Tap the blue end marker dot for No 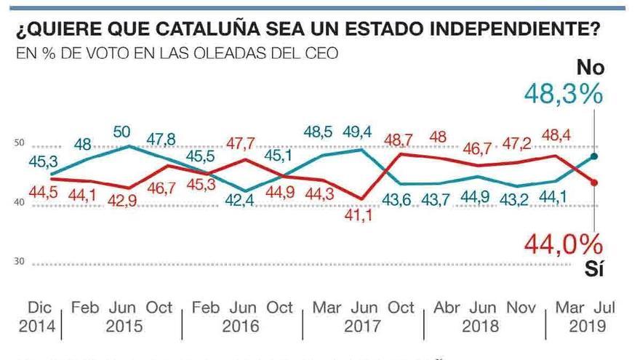point(595,156)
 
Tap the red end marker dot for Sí point(595,183)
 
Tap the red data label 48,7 point(398,138)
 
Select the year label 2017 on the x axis point(362,327)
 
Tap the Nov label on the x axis point(519,308)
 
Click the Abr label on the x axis point(447,308)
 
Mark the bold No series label point(590,68)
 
